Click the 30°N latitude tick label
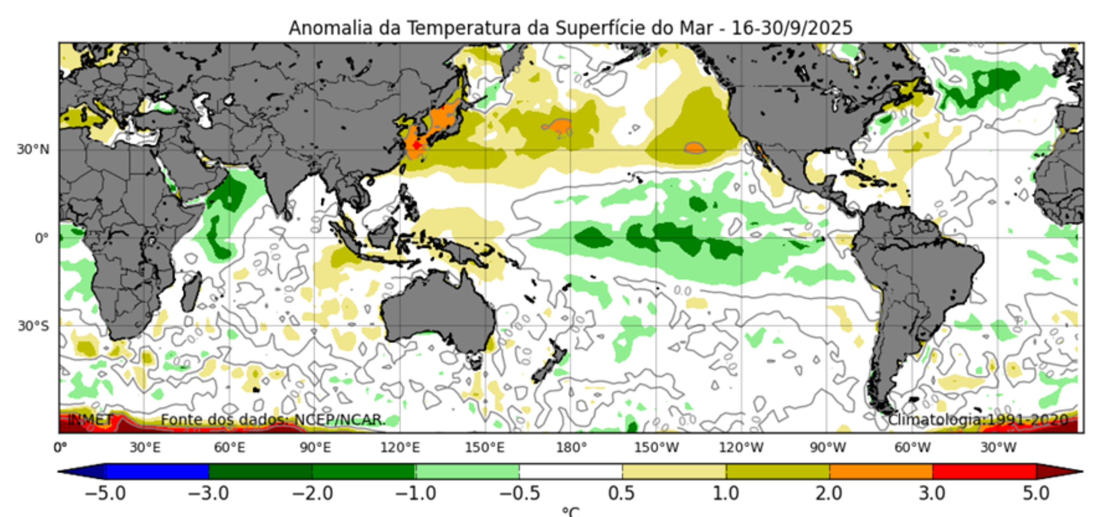point(33,149)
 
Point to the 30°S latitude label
point(33,326)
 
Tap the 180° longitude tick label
point(572,448)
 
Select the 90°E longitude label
point(315,448)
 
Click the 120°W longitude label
point(741,448)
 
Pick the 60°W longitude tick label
point(912,448)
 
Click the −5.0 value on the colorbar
point(105,494)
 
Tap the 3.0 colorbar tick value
point(932,494)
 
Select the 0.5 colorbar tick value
point(621,494)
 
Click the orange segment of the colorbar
point(881,471)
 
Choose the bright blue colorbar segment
point(157,471)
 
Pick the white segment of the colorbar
point(571,471)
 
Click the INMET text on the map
point(90,420)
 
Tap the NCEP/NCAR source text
point(339,420)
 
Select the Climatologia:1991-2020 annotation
point(978,420)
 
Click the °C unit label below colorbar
point(571,512)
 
